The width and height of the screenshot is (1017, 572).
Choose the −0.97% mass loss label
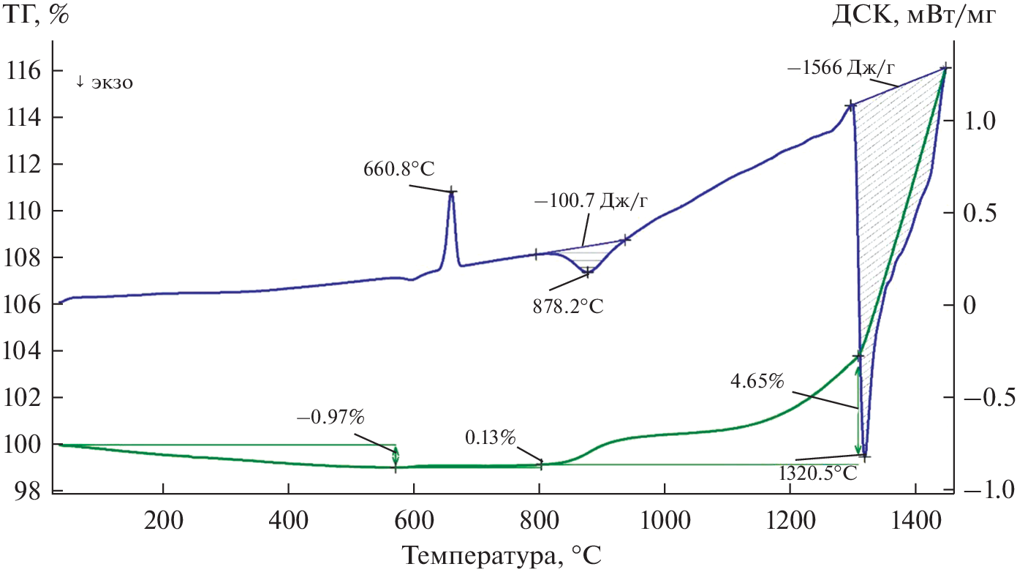click(x=330, y=418)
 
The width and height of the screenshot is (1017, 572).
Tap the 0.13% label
click(x=491, y=438)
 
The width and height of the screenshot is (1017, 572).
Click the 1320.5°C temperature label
click(x=817, y=473)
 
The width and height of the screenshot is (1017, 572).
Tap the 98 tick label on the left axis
click(x=27, y=491)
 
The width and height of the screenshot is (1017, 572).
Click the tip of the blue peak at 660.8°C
click(x=452, y=191)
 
